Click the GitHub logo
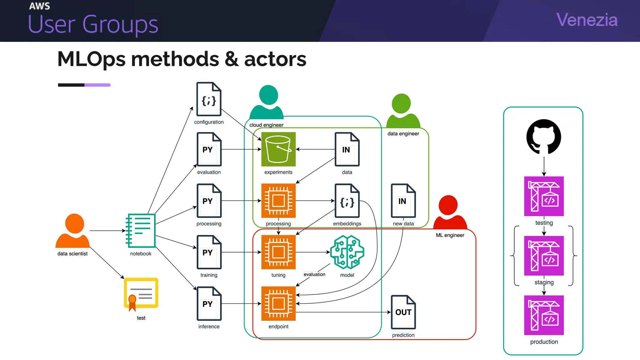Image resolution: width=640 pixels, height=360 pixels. pyautogui.click(x=544, y=137)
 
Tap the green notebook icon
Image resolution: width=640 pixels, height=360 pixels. pyautogui.click(x=141, y=231)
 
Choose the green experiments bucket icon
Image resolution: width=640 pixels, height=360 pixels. pyautogui.click(x=278, y=149)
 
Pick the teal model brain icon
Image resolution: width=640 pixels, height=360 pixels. pyautogui.click(x=347, y=252)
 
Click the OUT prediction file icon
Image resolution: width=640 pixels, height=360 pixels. pyautogui.click(x=403, y=312)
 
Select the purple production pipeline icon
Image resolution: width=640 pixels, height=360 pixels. pyautogui.click(x=544, y=315)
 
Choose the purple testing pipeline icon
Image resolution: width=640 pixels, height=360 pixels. pyautogui.click(x=544, y=196)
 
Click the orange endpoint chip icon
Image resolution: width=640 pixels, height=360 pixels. pyautogui.click(x=278, y=303)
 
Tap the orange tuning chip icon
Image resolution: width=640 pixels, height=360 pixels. pyautogui.click(x=278, y=252)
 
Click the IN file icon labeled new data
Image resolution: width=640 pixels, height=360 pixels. pyautogui.click(x=403, y=201)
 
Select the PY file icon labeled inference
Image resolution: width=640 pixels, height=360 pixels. pyautogui.click(x=209, y=303)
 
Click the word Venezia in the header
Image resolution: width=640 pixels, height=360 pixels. pyautogui.click(x=587, y=20)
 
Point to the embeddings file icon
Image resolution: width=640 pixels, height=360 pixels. pyautogui.click(x=347, y=201)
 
